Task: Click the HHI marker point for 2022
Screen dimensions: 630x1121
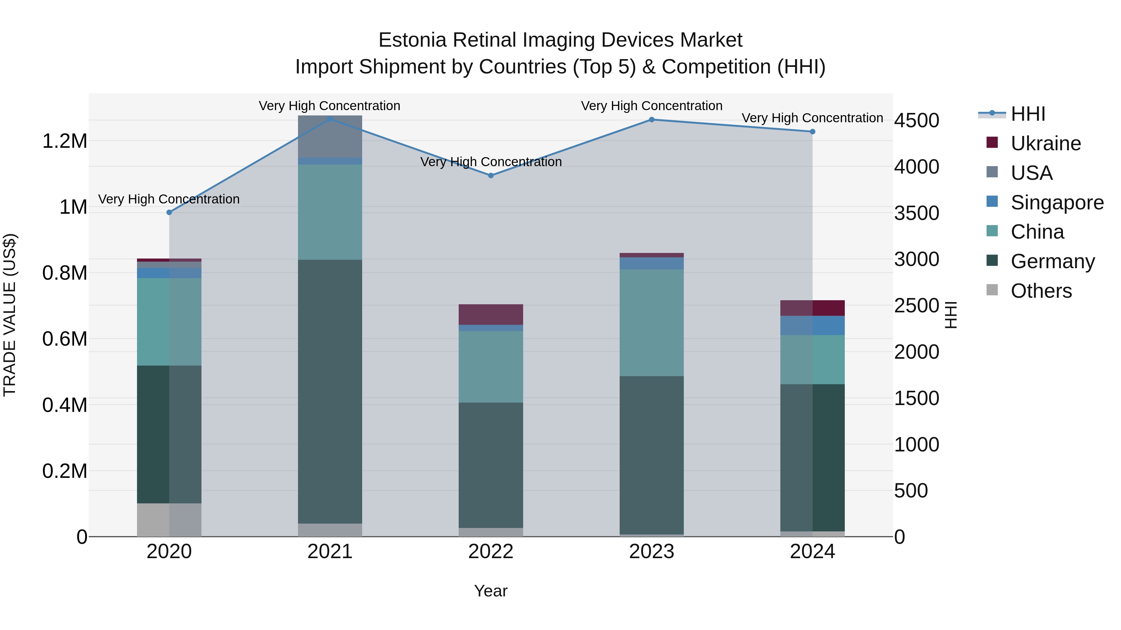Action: pyautogui.click(x=491, y=176)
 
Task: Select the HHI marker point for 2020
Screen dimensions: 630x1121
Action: pyautogui.click(x=169, y=212)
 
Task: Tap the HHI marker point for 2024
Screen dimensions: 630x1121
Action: pyautogui.click(x=812, y=132)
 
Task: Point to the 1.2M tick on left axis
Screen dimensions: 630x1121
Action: pyautogui.click(x=65, y=141)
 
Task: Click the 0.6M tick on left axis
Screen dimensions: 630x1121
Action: pyautogui.click(x=65, y=339)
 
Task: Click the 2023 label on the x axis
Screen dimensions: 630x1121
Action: pyautogui.click(x=651, y=552)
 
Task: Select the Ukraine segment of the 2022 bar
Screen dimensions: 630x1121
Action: pyautogui.click(x=491, y=314)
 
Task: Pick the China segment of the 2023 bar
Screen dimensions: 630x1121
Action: pyautogui.click(x=651, y=323)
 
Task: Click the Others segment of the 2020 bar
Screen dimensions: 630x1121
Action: pyautogui.click(x=169, y=520)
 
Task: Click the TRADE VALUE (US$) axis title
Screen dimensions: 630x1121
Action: pyautogui.click(x=10, y=315)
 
